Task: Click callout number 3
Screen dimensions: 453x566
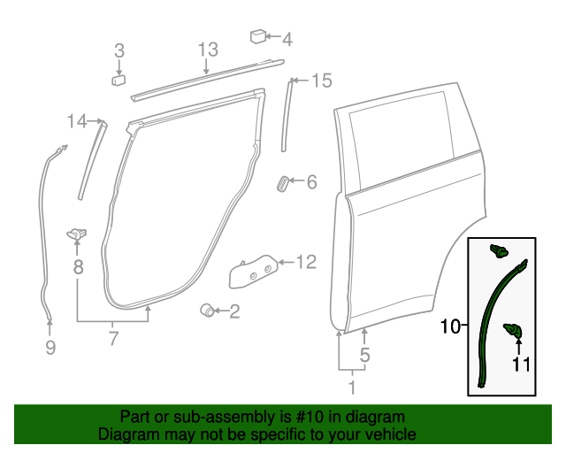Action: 119,50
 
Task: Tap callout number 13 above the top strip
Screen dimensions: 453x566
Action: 207,49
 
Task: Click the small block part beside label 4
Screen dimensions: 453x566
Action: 258,37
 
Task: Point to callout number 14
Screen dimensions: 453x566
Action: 78,120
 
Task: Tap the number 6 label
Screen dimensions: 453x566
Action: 310,182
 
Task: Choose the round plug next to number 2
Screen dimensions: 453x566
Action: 207,310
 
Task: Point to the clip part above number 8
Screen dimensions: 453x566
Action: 77,234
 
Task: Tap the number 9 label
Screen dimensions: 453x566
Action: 50,348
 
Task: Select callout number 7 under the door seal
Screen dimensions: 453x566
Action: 112,337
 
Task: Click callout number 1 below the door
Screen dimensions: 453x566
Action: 352,387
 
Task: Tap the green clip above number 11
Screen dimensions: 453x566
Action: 512,330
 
